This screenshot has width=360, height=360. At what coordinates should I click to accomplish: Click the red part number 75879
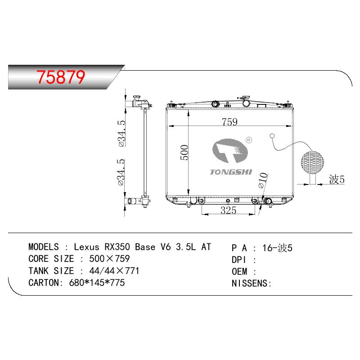click(61, 77)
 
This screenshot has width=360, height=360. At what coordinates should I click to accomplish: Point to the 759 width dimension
click(229, 122)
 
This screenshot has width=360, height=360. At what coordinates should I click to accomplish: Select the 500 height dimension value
click(184, 152)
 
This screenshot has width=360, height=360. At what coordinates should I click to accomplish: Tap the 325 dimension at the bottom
click(228, 210)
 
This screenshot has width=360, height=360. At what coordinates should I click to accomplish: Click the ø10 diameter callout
click(263, 180)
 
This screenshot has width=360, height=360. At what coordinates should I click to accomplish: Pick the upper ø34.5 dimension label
click(121, 133)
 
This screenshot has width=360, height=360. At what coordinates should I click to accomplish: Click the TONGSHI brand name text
click(231, 172)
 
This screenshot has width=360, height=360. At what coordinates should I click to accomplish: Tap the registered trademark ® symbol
click(249, 140)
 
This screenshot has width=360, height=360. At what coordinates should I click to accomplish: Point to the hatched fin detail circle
click(312, 162)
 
